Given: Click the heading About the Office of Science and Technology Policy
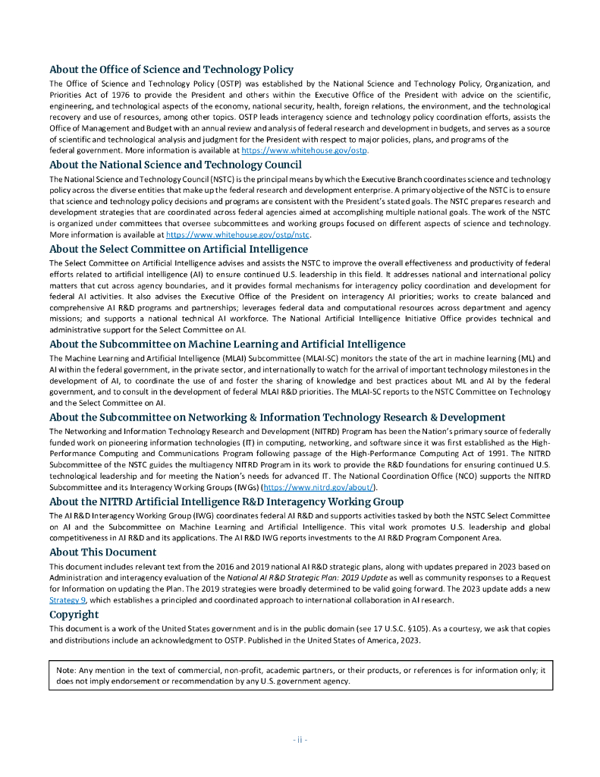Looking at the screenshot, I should coord(171,70).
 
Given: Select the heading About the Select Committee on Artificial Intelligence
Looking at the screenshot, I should coord(178,248).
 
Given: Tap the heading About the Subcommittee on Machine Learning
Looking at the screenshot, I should coord(228,344).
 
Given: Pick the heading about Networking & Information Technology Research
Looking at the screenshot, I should coord(277,417).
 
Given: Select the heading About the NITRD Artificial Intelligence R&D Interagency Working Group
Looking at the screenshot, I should coord(226,501).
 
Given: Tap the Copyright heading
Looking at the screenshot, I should coord(74,614).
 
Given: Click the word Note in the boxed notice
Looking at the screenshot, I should coord(66,670).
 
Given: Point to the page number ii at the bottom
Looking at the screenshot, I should coord(300,740).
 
